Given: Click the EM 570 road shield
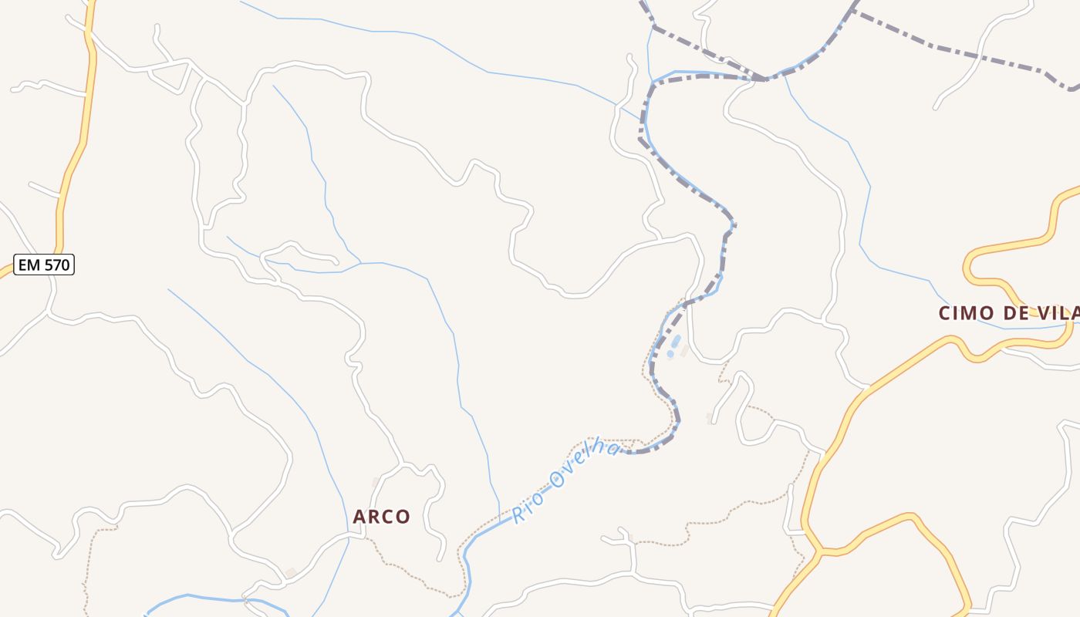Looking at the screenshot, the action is pos(44,265).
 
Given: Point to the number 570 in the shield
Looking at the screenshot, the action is pos(56,265).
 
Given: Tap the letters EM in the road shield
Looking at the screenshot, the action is pos(29,265).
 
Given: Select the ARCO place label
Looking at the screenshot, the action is pos(381,517).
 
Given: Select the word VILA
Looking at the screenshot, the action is pos(1061,313).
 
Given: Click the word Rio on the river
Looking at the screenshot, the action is pos(529,505).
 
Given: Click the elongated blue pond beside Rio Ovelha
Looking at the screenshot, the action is pos(676,341).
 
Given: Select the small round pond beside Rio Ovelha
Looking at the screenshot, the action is pos(670,354).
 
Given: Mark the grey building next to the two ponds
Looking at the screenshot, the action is pos(684,350).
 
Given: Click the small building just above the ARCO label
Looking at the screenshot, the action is pos(376,483).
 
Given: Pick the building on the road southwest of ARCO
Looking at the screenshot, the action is pos(290,572).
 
